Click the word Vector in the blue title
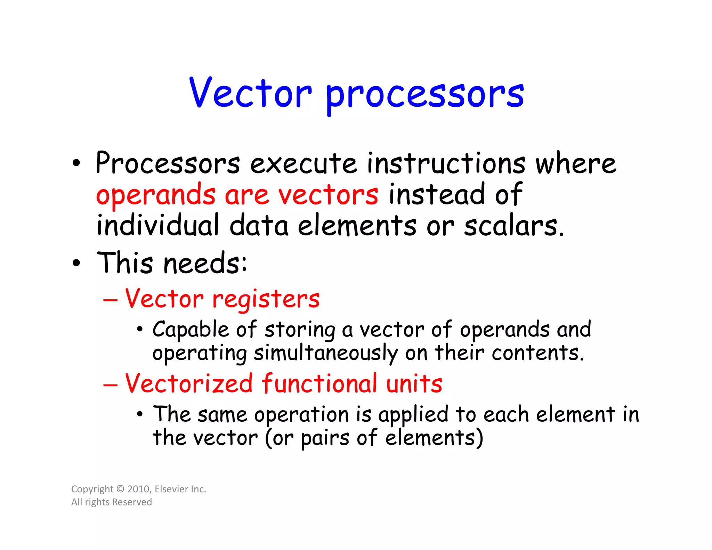click(x=250, y=93)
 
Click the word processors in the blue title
click(x=424, y=95)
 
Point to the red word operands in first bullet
click(x=155, y=195)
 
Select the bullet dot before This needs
click(x=76, y=263)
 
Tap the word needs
click(x=205, y=263)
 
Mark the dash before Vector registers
click(x=110, y=300)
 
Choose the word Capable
click(x=191, y=330)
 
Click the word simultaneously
click(x=325, y=353)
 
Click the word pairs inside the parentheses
click(x=325, y=438)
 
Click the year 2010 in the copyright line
click(x=138, y=489)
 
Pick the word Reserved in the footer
click(x=132, y=502)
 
